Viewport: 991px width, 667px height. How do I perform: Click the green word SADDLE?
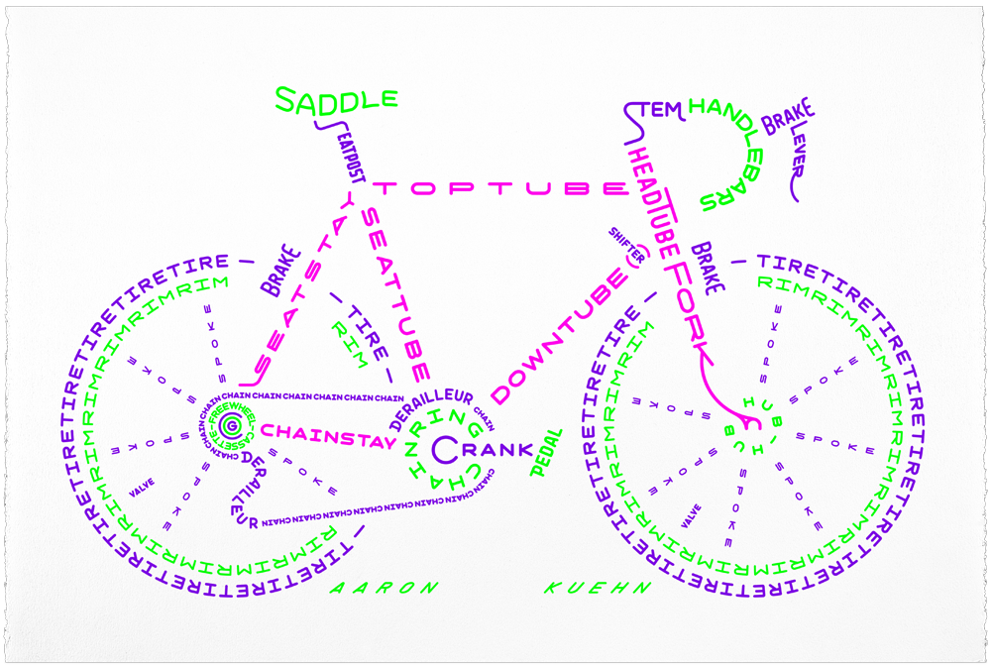click(336, 99)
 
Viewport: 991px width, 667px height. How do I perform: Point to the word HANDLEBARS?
click(729, 149)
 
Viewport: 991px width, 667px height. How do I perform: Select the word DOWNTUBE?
click(561, 336)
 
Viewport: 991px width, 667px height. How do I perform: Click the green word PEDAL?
click(547, 453)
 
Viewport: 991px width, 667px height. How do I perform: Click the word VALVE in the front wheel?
click(692, 514)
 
